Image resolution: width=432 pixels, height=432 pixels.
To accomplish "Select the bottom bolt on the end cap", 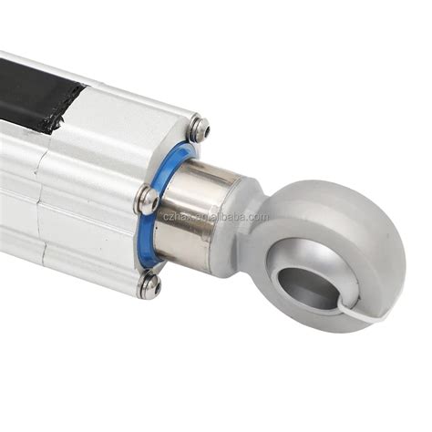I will pos(149,286).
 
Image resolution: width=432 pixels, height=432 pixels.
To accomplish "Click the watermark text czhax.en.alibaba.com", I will pos(214,217).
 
